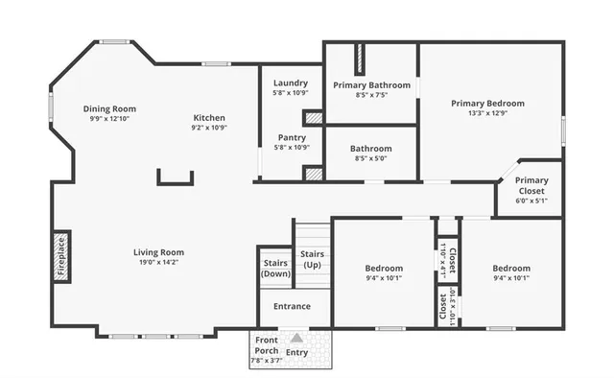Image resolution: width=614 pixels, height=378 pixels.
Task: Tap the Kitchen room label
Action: (x=208, y=118)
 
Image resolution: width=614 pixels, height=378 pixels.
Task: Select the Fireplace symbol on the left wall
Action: (x=61, y=255)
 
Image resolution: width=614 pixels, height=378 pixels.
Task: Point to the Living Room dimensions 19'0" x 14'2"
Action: (x=158, y=262)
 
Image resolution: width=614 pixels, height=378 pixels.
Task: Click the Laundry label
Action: (x=290, y=83)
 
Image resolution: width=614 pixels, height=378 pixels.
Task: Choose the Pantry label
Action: (x=291, y=137)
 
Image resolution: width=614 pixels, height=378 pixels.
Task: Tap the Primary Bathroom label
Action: (x=371, y=84)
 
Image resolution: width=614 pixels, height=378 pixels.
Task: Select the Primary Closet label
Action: (x=531, y=185)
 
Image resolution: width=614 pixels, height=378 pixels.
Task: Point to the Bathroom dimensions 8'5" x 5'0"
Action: (x=370, y=159)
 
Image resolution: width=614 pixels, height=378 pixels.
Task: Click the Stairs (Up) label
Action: (x=312, y=259)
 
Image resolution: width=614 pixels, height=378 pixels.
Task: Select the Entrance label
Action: (x=292, y=306)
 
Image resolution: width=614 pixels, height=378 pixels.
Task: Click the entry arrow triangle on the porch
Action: (x=297, y=338)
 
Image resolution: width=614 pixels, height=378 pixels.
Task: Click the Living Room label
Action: (x=158, y=252)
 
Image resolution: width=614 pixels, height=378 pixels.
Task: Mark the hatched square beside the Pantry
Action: (x=313, y=174)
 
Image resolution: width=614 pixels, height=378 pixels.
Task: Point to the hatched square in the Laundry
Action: (x=313, y=118)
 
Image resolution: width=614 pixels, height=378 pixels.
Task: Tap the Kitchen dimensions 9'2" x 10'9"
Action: (x=208, y=128)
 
